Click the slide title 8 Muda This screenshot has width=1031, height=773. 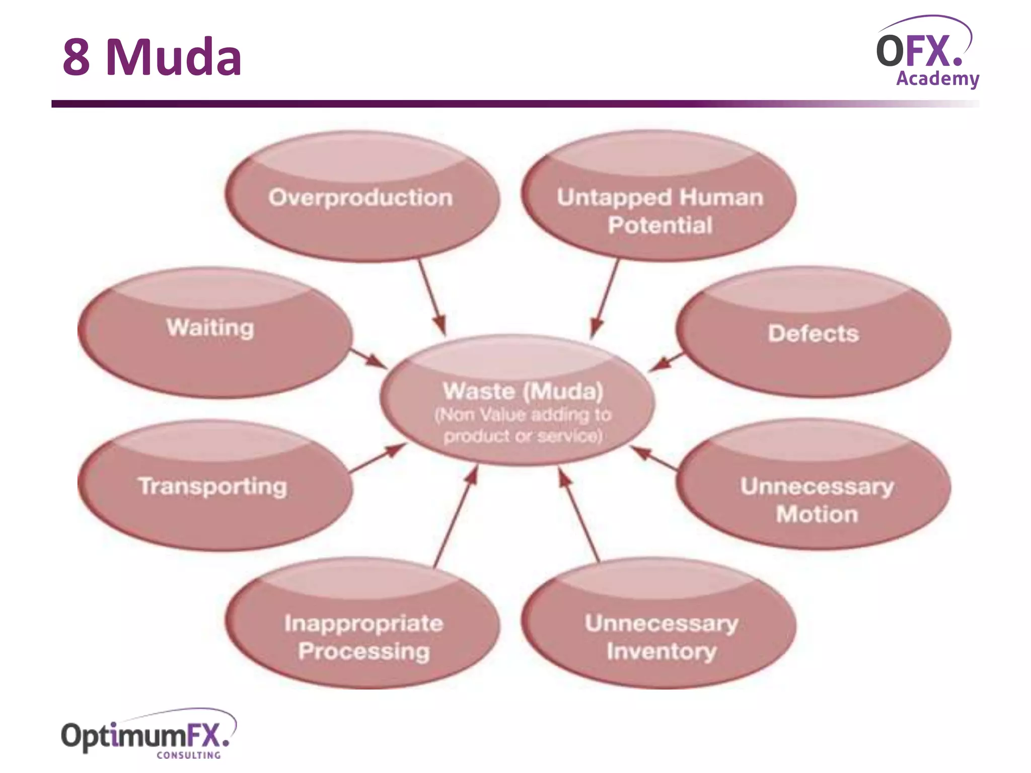tap(152, 57)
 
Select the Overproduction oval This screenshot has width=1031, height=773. tap(361, 197)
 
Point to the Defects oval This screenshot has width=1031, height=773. tap(814, 333)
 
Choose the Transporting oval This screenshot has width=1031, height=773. tap(214, 486)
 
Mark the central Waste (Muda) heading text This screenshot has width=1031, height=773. tap(523, 391)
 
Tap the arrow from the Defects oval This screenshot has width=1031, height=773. tap(666, 362)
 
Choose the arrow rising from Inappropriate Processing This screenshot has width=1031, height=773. tap(456, 516)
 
